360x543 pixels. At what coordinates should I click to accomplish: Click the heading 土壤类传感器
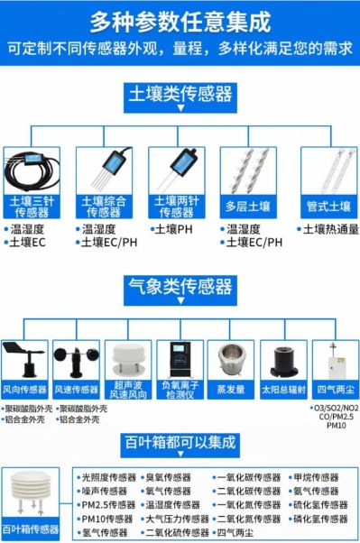point(180,93)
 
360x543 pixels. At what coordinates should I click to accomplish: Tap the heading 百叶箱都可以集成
point(180,443)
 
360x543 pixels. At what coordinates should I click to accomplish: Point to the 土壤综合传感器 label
point(101,207)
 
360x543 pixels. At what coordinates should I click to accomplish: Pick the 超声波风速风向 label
point(127,395)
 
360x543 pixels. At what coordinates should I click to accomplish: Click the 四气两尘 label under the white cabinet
point(333,391)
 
